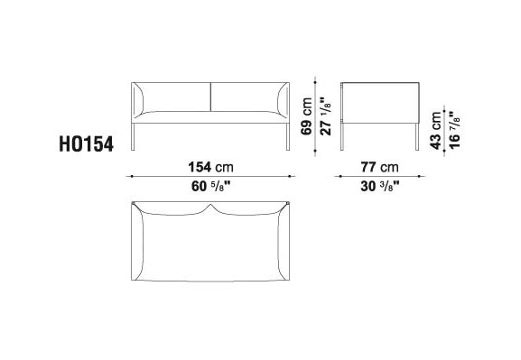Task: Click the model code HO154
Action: click(86, 144)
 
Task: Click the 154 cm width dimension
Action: click(210, 167)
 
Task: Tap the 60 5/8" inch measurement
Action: click(211, 187)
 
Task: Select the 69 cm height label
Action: click(306, 116)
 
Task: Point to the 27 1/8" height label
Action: click(326, 116)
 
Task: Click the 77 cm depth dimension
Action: click(380, 167)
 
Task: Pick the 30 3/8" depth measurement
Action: click(380, 187)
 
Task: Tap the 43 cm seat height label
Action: click(435, 131)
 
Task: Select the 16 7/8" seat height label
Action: click(454, 131)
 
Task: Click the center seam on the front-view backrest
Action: click(210, 97)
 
